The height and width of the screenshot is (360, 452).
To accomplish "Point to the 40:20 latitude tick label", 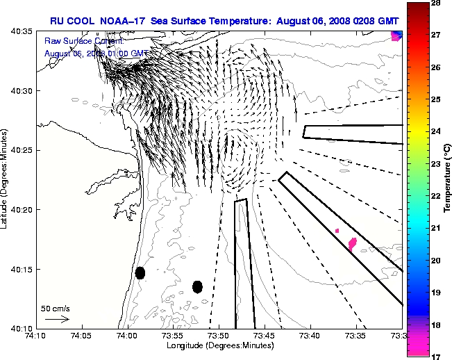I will click(x=23, y=210).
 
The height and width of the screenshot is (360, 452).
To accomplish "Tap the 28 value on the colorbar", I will click(x=438, y=3).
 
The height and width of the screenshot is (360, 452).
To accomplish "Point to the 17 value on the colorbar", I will click(x=438, y=356).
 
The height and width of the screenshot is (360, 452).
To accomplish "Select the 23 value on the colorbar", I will click(x=438, y=163).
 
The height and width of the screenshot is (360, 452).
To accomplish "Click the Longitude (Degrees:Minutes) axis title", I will click(x=219, y=345).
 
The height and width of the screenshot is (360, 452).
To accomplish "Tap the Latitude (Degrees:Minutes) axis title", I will click(x=6, y=179).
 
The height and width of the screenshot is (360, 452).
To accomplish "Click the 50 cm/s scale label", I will click(x=56, y=308).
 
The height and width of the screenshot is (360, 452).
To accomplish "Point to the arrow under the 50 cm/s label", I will click(x=57, y=319).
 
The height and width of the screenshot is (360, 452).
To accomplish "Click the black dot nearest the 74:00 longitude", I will click(x=140, y=272).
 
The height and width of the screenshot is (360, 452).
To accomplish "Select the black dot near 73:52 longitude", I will click(x=197, y=286).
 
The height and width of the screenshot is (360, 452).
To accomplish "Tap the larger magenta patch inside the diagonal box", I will click(x=353, y=243).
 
